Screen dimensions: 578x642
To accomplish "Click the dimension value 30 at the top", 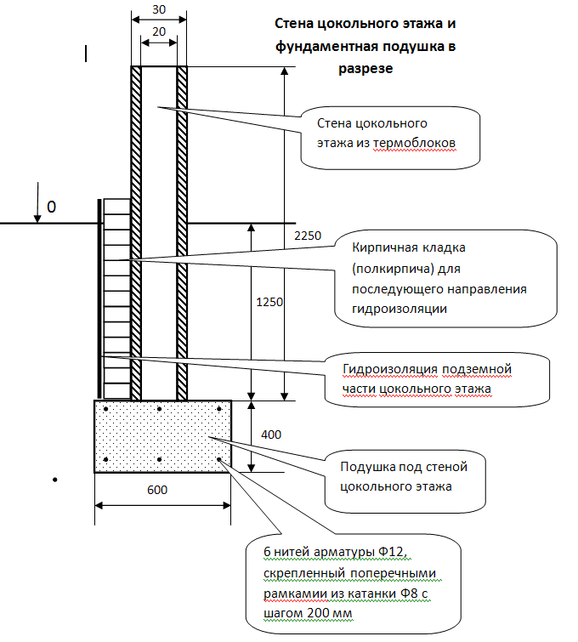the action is click(x=159, y=9).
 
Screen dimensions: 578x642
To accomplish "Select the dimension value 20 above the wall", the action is click(x=159, y=31).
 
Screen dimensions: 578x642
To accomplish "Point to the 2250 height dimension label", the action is click(x=308, y=236).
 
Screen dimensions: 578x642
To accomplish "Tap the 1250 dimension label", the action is click(x=269, y=302).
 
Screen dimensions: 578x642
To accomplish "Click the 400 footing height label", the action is click(x=271, y=435).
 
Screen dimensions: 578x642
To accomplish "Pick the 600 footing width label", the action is click(x=157, y=490).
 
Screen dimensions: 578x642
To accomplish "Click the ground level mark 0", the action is click(x=51, y=207).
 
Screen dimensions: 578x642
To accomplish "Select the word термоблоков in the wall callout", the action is click(x=414, y=144).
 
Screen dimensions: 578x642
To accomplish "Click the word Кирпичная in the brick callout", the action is click(x=382, y=248).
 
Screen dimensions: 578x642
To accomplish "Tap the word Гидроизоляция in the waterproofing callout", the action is click(x=390, y=370).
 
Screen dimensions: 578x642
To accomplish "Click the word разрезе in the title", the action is click(x=365, y=68).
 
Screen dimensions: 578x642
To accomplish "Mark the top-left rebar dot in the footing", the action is click(x=105, y=409).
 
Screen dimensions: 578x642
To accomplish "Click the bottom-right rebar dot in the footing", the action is click(x=219, y=459).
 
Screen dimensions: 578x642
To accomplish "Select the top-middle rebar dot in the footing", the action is click(x=159, y=409).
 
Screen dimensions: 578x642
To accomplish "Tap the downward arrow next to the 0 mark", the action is click(x=37, y=202).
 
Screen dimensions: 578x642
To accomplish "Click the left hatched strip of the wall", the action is click(x=136, y=233).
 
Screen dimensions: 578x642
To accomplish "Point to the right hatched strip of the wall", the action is click(x=182, y=233).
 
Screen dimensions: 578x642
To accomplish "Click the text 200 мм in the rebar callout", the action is click(x=329, y=614).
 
